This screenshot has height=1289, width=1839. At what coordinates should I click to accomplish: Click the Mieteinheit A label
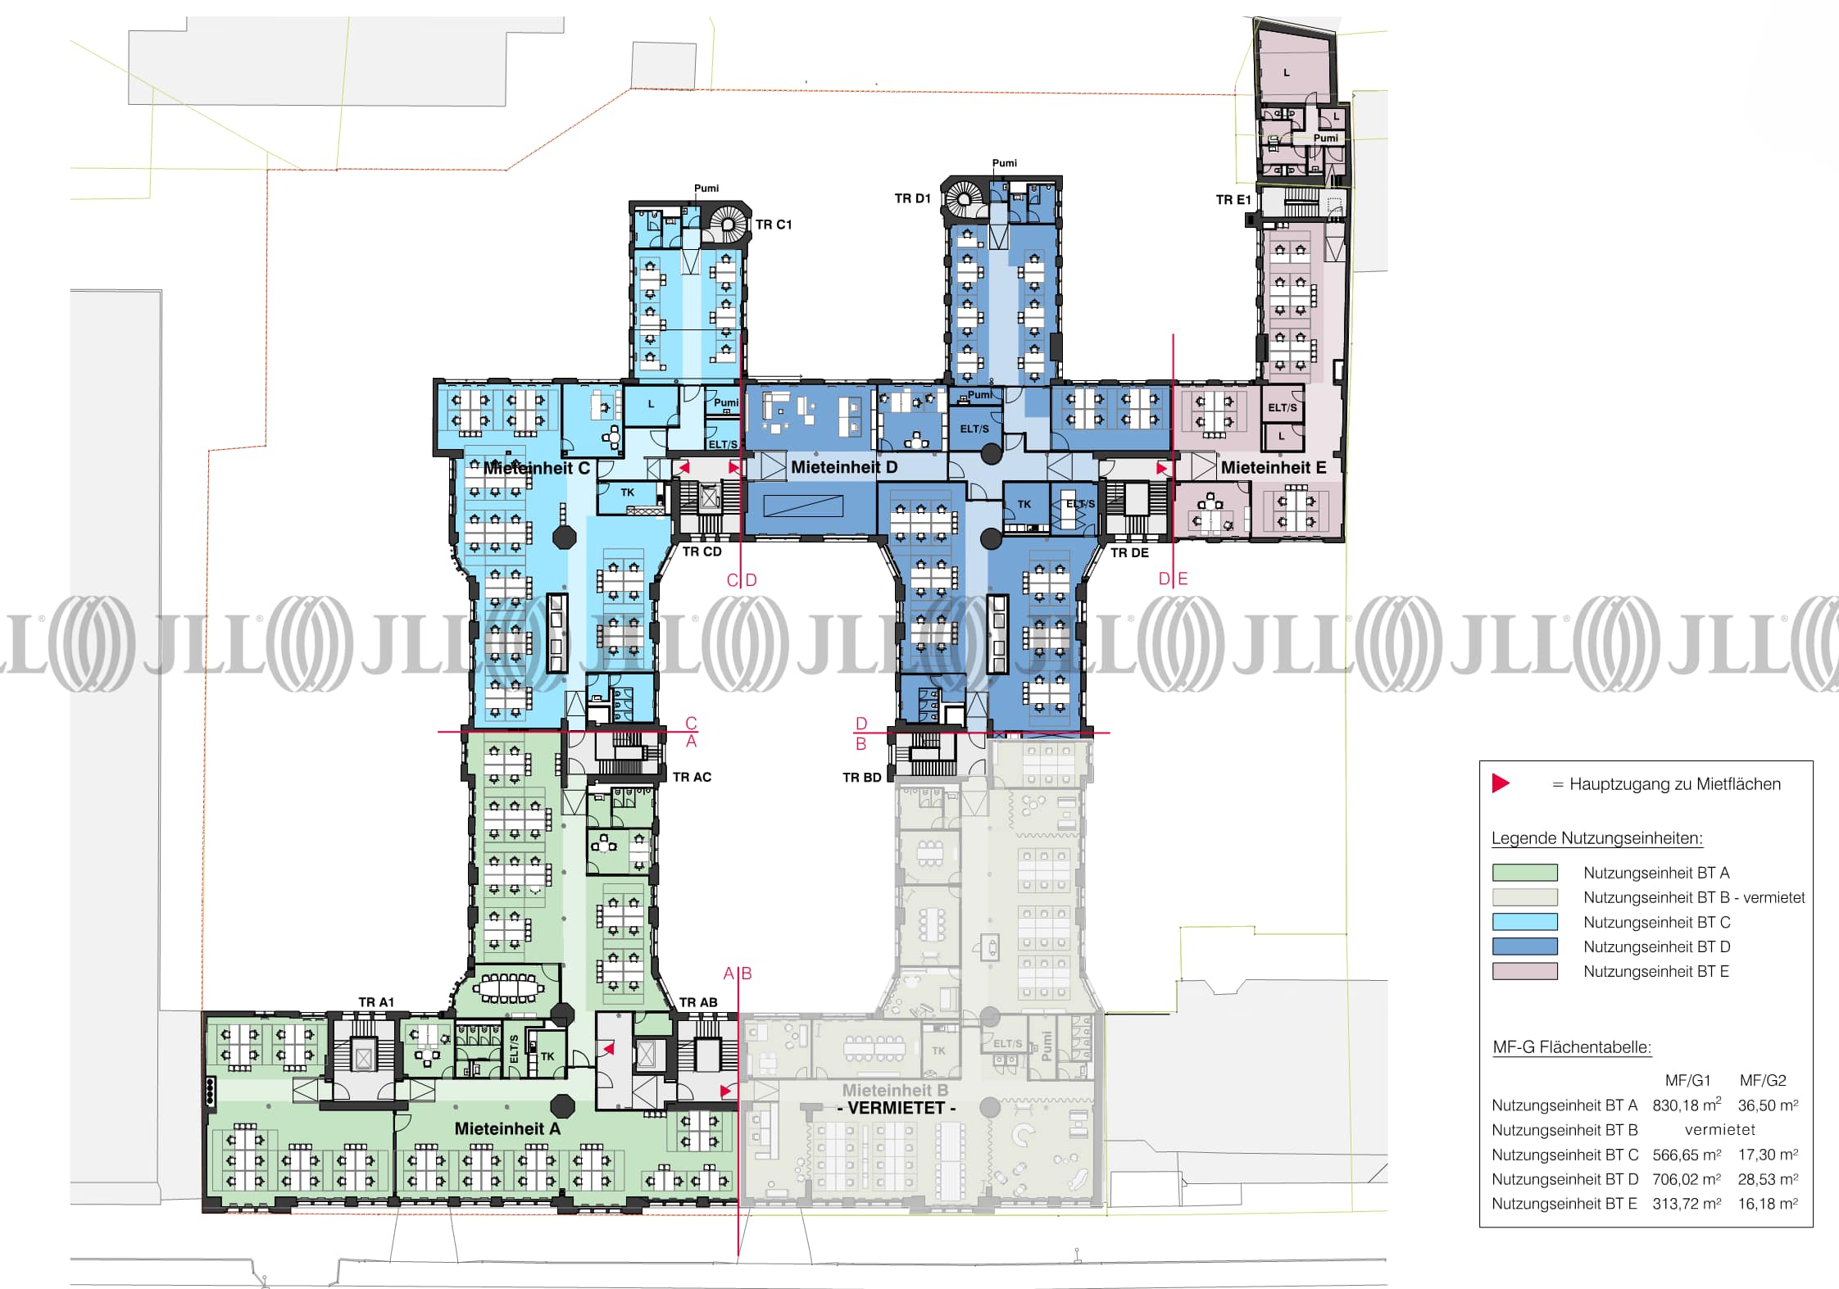click(x=507, y=1128)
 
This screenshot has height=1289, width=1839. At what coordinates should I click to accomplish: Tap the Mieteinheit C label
click(x=537, y=468)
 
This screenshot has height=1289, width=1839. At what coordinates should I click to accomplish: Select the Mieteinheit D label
click(x=844, y=467)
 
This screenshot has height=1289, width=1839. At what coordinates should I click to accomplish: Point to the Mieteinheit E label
click(x=1274, y=467)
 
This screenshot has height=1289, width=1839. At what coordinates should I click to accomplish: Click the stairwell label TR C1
click(x=774, y=225)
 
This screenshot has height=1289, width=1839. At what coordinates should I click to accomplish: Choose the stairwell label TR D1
click(x=912, y=198)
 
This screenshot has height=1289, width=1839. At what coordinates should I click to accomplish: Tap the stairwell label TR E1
click(x=1233, y=200)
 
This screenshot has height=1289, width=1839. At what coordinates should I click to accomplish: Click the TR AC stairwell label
click(x=692, y=777)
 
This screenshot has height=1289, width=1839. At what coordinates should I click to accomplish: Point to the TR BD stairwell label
click(x=862, y=778)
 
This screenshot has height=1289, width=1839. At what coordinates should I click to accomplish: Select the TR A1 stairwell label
click(x=376, y=1002)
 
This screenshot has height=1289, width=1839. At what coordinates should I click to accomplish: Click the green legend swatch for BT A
click(x=1524, y=873)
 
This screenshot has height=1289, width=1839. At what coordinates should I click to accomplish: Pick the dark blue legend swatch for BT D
click(x=1524, y=946)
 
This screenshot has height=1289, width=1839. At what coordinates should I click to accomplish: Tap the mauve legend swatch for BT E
click(x=1524, y=971)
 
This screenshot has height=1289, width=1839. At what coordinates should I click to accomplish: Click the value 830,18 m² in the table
click(x=1687, y=1105)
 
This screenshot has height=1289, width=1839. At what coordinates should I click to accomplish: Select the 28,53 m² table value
click(x=1769, y=1179)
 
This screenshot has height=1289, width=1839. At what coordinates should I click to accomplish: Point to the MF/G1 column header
click(x=1687, y=1080)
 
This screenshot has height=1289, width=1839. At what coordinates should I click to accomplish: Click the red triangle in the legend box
click(x=1501, y=783)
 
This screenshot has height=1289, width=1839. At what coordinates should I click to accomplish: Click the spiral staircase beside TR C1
click(x=728, y=224)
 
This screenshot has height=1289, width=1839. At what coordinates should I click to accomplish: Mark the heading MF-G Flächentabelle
click(x=1572, y=1047)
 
